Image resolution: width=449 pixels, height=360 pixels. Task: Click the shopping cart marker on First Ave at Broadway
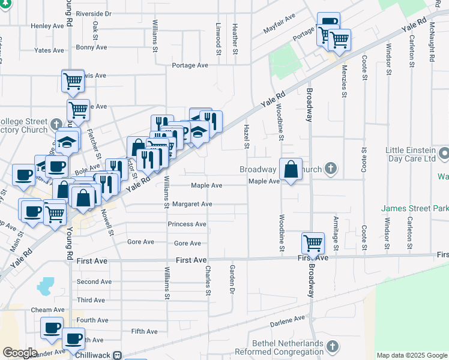[313, 243]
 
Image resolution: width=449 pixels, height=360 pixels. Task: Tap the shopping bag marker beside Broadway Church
[291, 169]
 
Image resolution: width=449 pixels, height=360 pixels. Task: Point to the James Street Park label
[415, 208]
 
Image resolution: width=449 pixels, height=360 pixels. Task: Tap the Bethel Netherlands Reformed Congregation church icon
[332, 346]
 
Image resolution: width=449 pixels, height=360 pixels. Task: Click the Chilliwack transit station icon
[118, 355]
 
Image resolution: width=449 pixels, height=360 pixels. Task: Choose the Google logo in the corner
[20, 353]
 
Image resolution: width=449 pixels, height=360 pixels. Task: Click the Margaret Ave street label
[192, 204]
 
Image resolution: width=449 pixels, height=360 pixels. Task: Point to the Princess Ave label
[187, 224]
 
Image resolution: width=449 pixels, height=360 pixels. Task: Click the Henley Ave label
[47, 26]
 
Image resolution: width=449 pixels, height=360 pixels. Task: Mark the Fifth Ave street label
[144, 331]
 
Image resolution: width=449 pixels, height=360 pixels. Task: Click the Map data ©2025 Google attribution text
[411, 355]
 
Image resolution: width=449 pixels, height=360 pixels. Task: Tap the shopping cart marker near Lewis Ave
[73, 80]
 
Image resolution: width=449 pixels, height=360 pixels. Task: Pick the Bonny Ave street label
[92, 47]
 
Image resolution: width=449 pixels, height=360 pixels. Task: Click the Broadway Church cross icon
[331, 169]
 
